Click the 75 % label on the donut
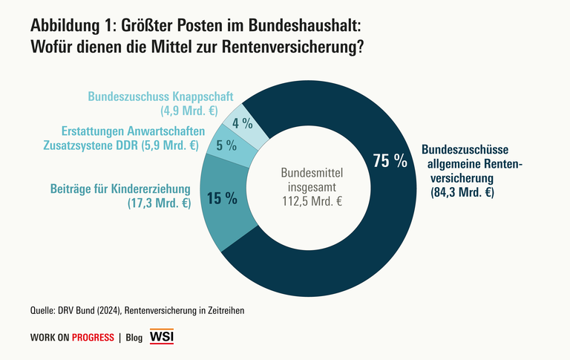390,162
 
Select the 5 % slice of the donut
222,145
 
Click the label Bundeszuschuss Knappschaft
161,96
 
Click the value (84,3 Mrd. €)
462,192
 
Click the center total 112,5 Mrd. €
309,200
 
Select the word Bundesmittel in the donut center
309,173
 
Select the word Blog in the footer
134,338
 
